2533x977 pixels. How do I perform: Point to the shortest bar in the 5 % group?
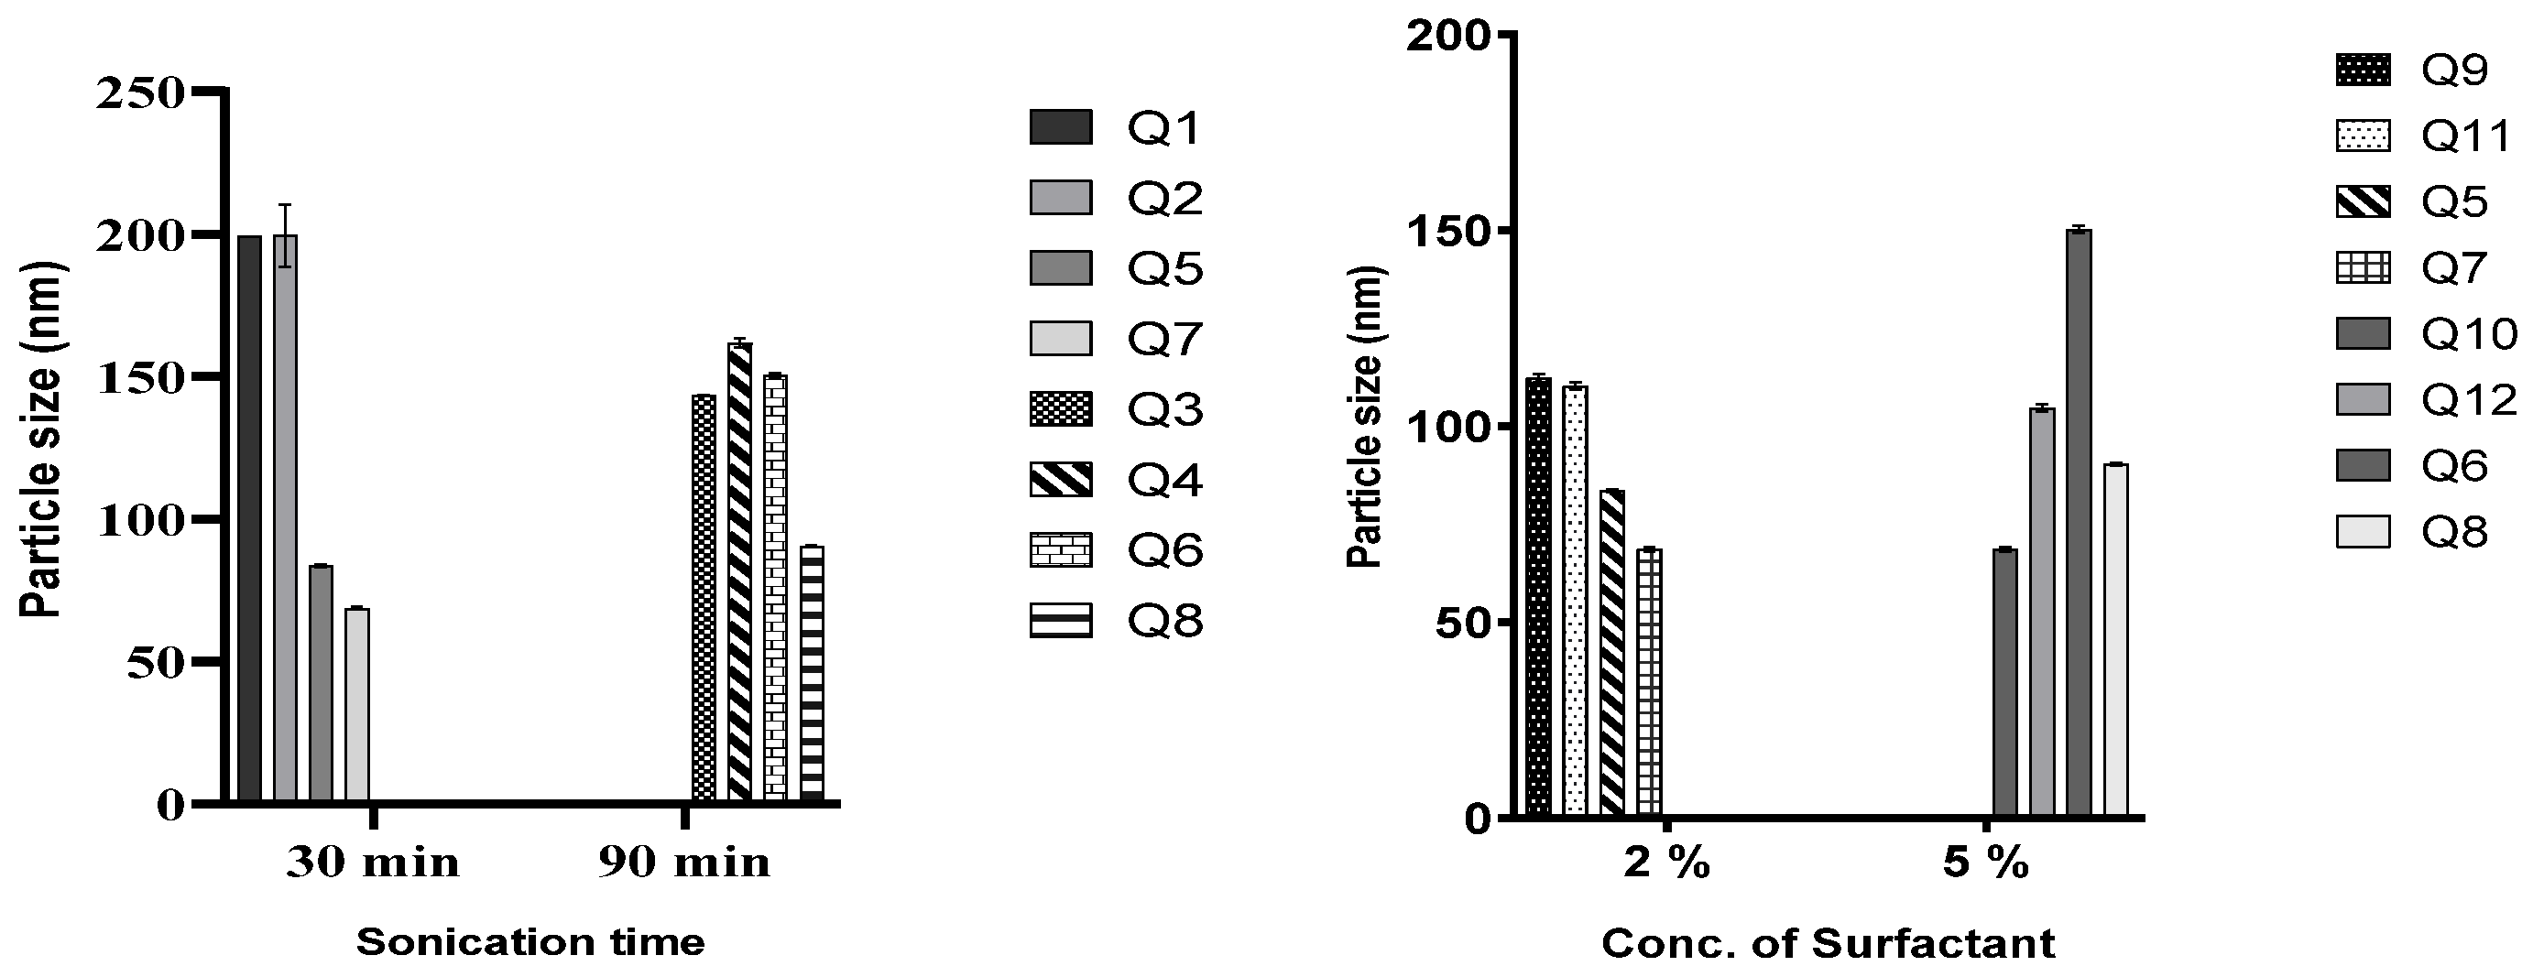coord(2005,683)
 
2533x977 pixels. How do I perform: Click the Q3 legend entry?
coord(1117,410)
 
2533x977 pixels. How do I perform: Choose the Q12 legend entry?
coord(2425,400)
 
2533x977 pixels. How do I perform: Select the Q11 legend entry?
coord(2425,136)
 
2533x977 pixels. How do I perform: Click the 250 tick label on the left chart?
coord(139,93)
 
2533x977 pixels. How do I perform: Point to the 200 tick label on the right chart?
coord(1449,37)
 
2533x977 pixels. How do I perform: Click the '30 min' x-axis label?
coord(373,863)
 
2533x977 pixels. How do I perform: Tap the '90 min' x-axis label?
coord(684,863)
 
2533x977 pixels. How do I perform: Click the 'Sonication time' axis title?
coord(530,941)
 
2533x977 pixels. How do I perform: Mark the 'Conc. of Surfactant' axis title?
coord(1828,944)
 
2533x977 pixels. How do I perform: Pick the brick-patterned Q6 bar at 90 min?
coord(776,587)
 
